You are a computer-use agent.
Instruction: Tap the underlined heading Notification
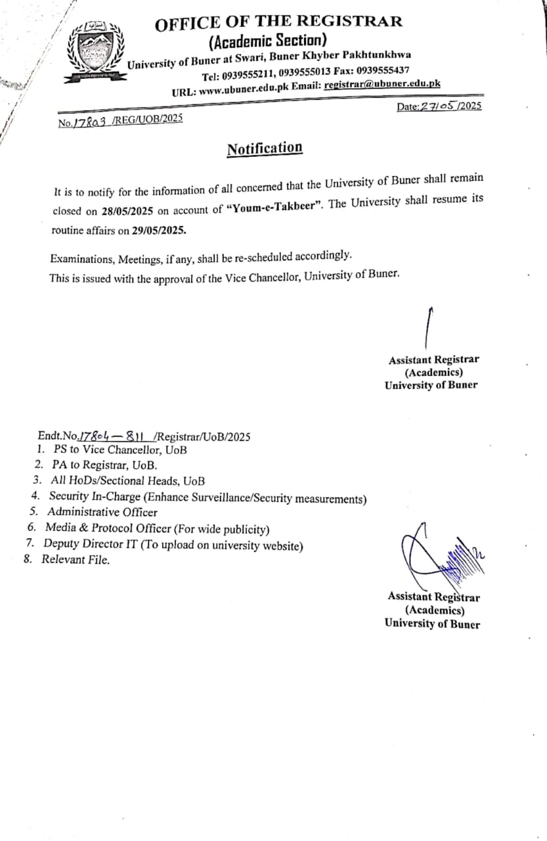(x=265, y=148)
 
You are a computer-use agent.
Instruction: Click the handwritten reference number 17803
(x=90, y=122)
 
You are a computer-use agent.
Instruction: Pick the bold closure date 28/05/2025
(x=127, y=212)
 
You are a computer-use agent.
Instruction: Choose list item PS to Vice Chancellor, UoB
(x=120, y=451)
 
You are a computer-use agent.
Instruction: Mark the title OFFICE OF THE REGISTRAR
(x=278, y=22)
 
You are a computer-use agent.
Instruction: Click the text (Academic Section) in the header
(x=267, y=42)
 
